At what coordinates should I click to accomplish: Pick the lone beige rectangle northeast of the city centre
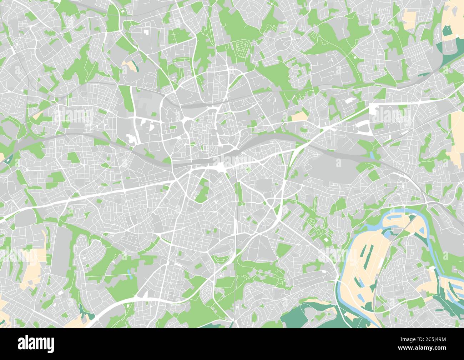pyautogui.click(x=299, y=116)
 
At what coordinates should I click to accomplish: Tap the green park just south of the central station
pyautogui.click(x=203, y=189)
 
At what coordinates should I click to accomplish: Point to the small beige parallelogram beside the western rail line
pyautogui.click(x=37, y=116)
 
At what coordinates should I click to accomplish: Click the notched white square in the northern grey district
pyautogui.click(x=147, y=31)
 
